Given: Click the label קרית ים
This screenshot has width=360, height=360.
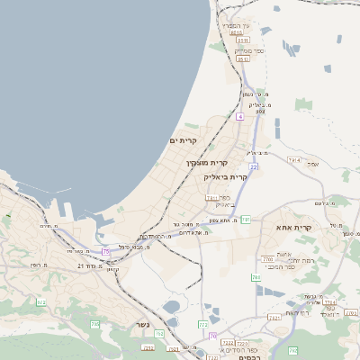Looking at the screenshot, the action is click(x=182, y=141).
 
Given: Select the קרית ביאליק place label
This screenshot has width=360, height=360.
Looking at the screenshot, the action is click(x=225, y=177).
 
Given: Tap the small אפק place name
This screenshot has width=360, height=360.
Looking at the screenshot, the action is click(x=313, y=163).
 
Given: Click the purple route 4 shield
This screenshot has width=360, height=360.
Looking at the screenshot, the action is click(x=240, y=117).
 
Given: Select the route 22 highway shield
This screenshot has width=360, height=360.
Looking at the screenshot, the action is click(x=255, y=167).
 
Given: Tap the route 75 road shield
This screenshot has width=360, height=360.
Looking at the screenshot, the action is click(x=106, y=251).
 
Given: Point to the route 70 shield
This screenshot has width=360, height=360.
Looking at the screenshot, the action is click(x=213, y=335).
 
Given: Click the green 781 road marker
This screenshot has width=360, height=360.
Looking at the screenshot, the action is click(x=246, y=220).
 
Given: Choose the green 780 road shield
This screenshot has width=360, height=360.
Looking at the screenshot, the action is click(x=256, y=277).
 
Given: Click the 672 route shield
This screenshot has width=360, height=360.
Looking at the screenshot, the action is click(x=40, y=302).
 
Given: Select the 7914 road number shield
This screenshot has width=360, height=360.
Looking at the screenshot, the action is click(x=293, y=159).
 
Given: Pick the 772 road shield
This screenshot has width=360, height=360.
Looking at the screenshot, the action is click(x=203, y=324).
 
